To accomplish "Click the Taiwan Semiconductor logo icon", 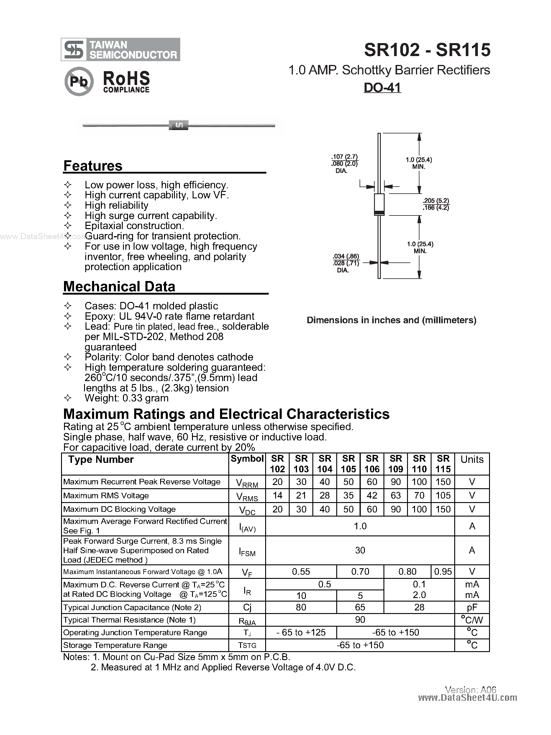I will coord(74,50).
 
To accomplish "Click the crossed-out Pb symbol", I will coord(79,81).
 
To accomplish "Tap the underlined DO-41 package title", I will coord(382,88).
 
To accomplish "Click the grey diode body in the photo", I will coord(179,125).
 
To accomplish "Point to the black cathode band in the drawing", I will coord(379,213).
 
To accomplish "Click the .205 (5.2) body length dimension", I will coord(436,201).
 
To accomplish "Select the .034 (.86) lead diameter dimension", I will coord(346,256).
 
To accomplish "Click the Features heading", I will coord(93,166).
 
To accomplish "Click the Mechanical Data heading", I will coord(119,286).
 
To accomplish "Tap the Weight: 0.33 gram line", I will coord(126,398).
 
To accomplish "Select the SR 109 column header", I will coord(396,464).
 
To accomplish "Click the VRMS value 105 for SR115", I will coord(443,495).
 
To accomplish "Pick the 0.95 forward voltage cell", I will coord(443,571).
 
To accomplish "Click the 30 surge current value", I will coord(360,550).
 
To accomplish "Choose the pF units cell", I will coord(472,607).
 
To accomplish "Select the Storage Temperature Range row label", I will coord(115,645).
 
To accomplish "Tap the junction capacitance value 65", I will coord(360,607).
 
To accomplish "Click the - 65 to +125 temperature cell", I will coord(301,632).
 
